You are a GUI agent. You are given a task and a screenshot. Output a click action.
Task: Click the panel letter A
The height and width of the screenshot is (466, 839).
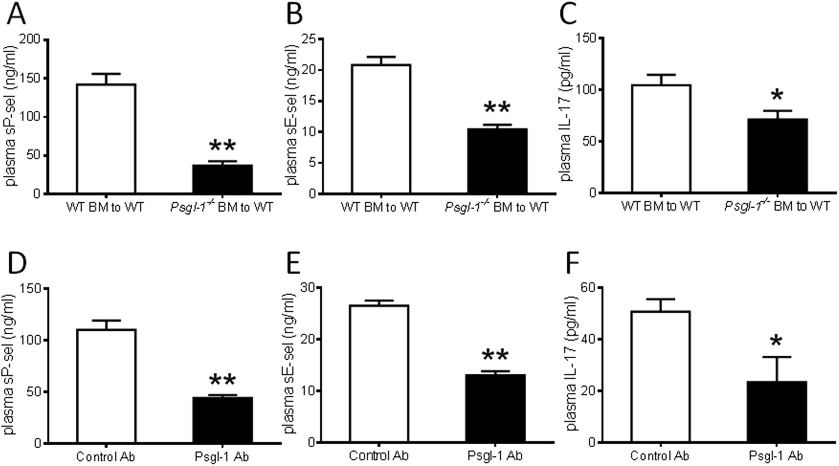click(17, 15)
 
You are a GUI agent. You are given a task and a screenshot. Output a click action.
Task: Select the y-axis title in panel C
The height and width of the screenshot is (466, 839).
click(566, 113)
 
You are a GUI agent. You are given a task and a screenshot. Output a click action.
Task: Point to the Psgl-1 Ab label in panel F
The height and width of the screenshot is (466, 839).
click(776, 456)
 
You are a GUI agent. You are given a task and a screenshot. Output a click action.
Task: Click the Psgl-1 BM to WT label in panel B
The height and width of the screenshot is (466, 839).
click(497, 207)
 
